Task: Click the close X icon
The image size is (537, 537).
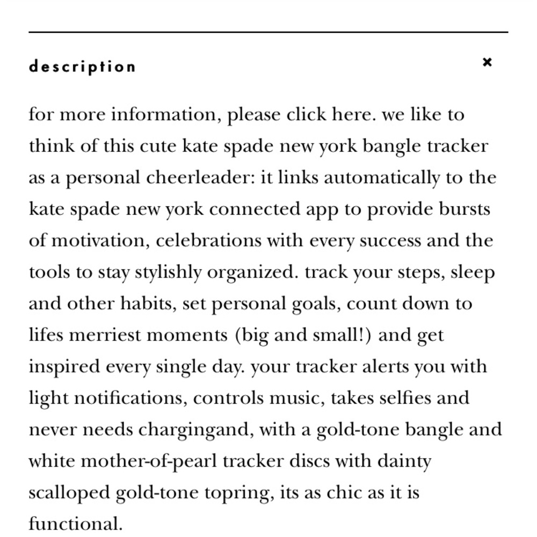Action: tap(487, 62)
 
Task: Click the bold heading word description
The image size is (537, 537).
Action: tap(82, 67)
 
